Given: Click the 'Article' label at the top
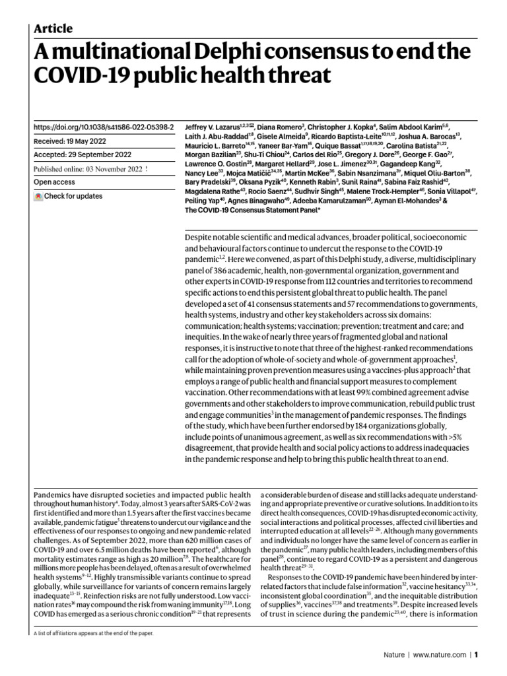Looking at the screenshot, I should (53, 28).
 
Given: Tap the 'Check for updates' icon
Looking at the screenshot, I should (38, 197).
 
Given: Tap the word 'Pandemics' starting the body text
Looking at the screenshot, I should (55, 495).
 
